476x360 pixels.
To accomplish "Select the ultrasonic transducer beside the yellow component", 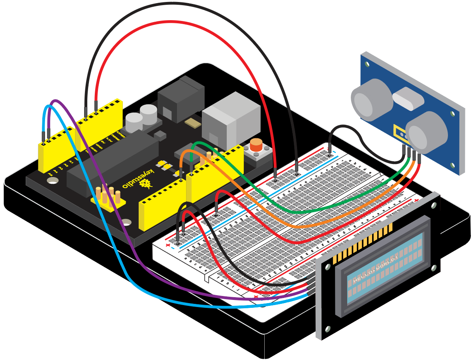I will click(x=427, y=132).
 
